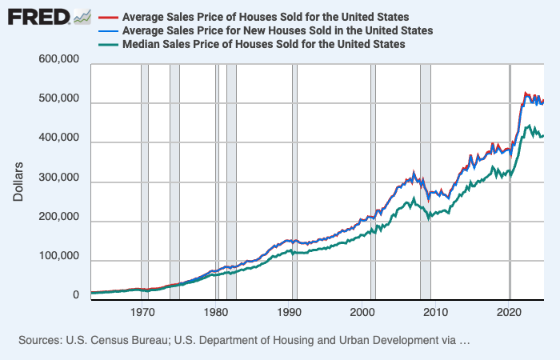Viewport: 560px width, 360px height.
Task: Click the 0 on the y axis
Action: click(x=76, y=297)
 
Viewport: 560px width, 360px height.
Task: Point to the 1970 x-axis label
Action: click(x=144, y=312)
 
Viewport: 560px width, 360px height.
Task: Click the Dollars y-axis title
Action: click(x=18, y=180)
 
